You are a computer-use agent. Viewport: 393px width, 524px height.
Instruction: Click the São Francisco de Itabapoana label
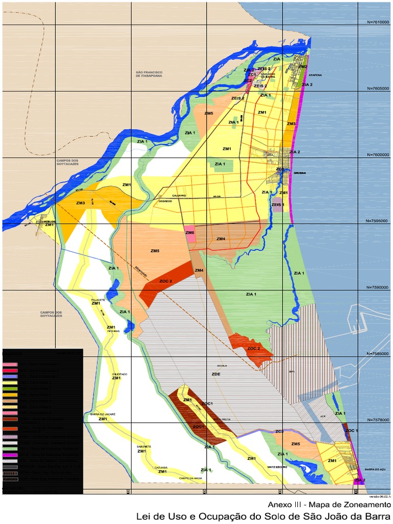tap(149, 74)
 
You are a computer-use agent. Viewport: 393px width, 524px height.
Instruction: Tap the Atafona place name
tap(315, 75)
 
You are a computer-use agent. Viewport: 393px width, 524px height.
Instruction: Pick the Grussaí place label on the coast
tap(299, 173)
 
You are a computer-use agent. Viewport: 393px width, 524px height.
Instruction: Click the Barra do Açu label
tap(374, 469)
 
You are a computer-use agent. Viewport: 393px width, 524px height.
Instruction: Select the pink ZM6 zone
tap(190, 233)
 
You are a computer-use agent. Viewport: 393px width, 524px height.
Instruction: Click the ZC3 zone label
tap(279, 431)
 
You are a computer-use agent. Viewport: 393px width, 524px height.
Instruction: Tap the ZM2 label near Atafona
tap(303, 67)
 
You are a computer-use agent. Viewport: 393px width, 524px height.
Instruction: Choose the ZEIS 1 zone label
tap(278, 205)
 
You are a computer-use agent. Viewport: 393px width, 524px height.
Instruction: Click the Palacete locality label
tap(98, 300)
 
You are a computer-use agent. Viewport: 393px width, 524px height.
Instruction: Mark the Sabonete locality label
tap(144, 446)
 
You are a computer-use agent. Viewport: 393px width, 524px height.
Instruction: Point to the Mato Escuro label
tap(276, 467)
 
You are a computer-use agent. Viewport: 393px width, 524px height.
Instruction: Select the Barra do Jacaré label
tap(103, 414)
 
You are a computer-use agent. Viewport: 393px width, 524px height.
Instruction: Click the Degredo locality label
tap(165, 201)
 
